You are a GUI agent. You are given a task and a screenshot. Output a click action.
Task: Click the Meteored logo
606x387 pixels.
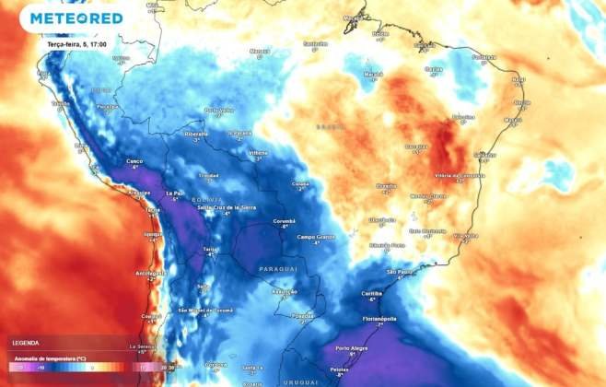click(x=76, y=18)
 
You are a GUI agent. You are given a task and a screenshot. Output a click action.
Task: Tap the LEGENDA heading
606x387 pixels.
click(x=25, y=343)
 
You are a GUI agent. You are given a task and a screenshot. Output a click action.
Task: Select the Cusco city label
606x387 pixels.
click(x=134, y=161)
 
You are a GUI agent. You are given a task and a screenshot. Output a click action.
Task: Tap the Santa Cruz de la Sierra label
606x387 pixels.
click(x=227, y=207)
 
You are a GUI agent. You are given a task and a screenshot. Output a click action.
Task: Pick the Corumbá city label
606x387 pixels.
click(x=283, y=221)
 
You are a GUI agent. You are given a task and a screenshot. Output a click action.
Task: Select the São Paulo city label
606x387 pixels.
click(x=399, y=273)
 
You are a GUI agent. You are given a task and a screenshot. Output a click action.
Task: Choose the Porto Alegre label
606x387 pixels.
click(x=351, y=348)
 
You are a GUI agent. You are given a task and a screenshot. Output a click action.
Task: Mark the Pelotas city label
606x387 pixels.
click(x=338, y=369)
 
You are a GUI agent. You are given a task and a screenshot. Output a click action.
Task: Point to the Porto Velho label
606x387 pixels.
click(x=219, y=110)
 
